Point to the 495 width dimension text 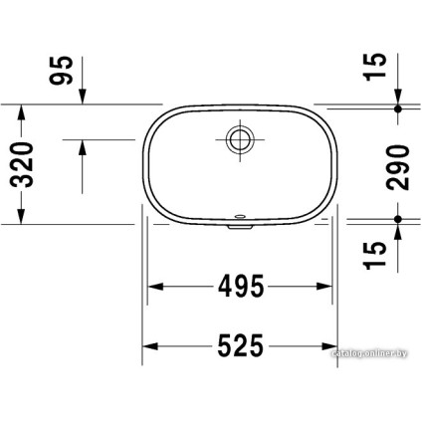pos(239,288)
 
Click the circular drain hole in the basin pos(239,138)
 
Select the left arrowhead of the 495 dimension pos(157,288)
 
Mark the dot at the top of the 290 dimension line pos(398,106)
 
